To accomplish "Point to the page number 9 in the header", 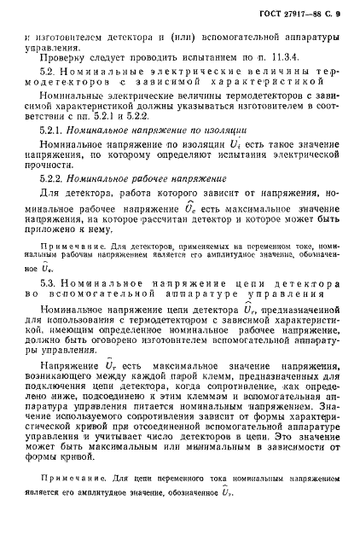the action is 338,13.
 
